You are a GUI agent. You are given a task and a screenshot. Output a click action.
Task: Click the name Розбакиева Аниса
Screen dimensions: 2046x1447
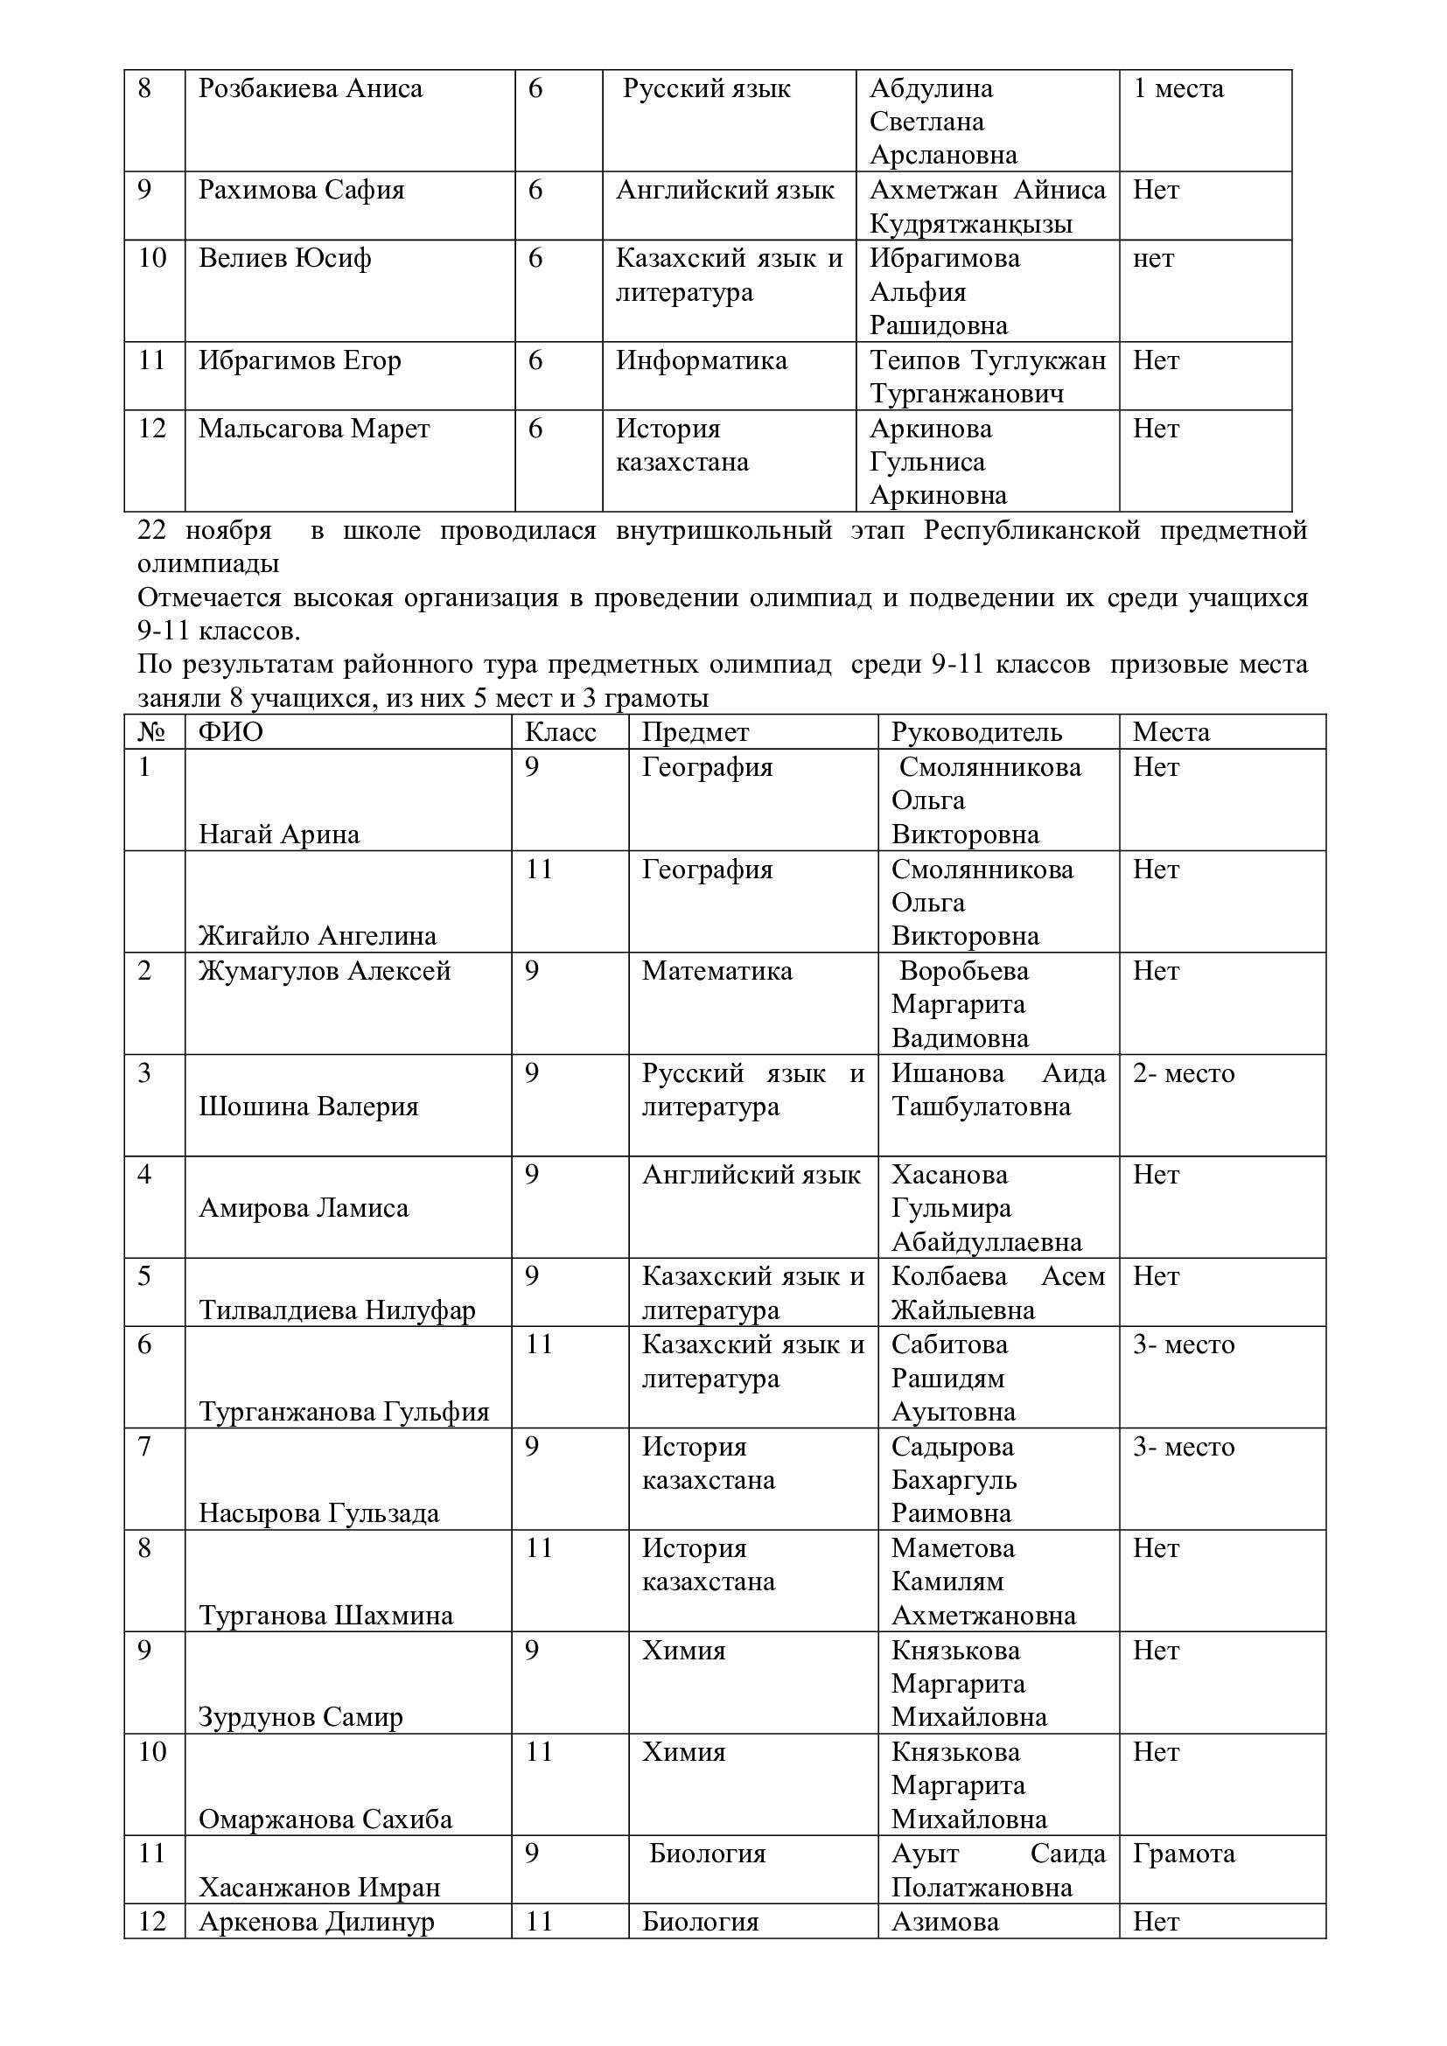310,89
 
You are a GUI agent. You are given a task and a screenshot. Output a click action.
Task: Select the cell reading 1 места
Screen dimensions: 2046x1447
1178,89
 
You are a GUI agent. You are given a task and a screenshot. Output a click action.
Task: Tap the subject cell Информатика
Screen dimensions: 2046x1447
702,361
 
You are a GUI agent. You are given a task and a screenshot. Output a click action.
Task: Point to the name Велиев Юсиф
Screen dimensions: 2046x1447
284,258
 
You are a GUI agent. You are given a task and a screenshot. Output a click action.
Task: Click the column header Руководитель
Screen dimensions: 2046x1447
976,732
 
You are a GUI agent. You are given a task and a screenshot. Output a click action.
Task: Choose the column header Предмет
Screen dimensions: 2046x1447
695,732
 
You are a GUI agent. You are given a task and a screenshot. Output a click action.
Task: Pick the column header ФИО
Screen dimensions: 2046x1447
230,732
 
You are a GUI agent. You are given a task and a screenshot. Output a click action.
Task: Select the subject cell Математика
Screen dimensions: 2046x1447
717,971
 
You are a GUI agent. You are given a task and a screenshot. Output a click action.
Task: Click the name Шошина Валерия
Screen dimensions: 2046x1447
308,1107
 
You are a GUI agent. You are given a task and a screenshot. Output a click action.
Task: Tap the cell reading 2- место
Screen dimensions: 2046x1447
1184,1074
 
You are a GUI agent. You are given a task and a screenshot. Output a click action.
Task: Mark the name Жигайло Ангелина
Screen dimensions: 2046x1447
318,937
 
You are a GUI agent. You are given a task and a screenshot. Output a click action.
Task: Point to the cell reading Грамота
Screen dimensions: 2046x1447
1184,1854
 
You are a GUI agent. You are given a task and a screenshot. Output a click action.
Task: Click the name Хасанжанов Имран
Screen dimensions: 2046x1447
319,1889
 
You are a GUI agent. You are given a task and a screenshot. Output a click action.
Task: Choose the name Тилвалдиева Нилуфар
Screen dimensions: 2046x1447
337,1311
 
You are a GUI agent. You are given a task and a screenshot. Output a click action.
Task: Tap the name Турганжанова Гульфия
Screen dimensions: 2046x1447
344,1413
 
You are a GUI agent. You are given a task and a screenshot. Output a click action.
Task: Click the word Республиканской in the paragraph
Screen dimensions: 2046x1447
1031,530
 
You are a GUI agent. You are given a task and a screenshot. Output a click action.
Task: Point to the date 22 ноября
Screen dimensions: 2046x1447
204,530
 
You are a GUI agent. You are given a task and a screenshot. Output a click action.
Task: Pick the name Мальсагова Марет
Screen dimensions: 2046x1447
314,429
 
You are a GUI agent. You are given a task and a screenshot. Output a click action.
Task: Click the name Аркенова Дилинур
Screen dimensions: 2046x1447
317,1922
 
